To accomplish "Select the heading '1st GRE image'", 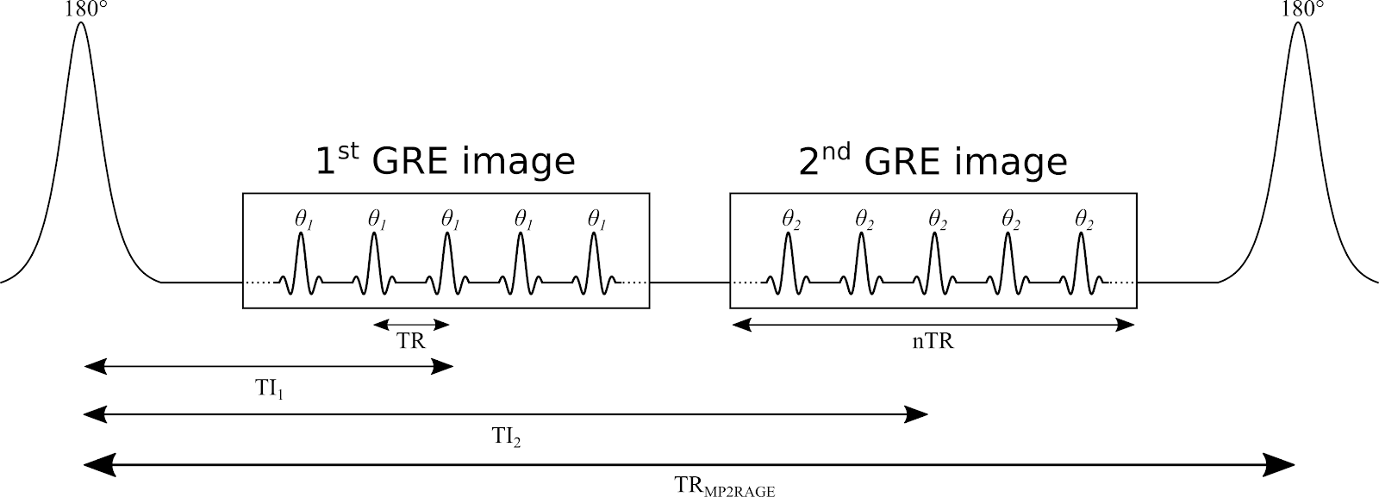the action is click(445, 161).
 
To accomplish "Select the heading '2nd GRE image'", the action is click(933, 161).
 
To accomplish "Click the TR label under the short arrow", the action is click(411, 341).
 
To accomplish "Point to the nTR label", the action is click(933, 341).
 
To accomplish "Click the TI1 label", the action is click(269, 389).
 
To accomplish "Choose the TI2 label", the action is click(506, 438).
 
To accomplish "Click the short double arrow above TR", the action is click(411, 325).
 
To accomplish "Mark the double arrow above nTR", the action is click(933, 325).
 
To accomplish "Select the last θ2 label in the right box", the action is click(1083, 221).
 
